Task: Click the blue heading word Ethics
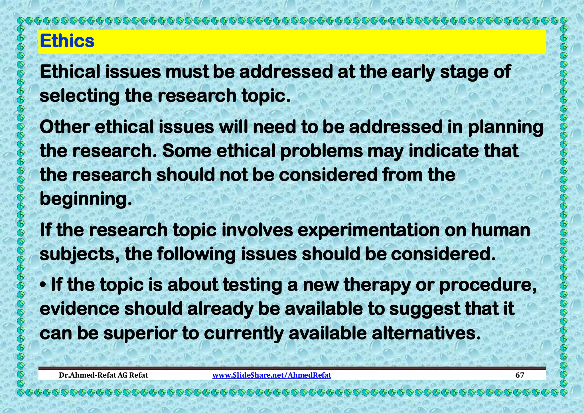pos(67,41)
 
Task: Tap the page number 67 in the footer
pos(520,375)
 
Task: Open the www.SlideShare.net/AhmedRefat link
pos(272,375)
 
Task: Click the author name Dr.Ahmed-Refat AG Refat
pos(103,375)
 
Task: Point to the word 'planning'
pos(505,127)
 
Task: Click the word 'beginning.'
pos(86,199)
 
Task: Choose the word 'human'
pos(500,230)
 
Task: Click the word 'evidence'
pos(80,309)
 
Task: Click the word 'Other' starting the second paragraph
pos(65,127)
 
